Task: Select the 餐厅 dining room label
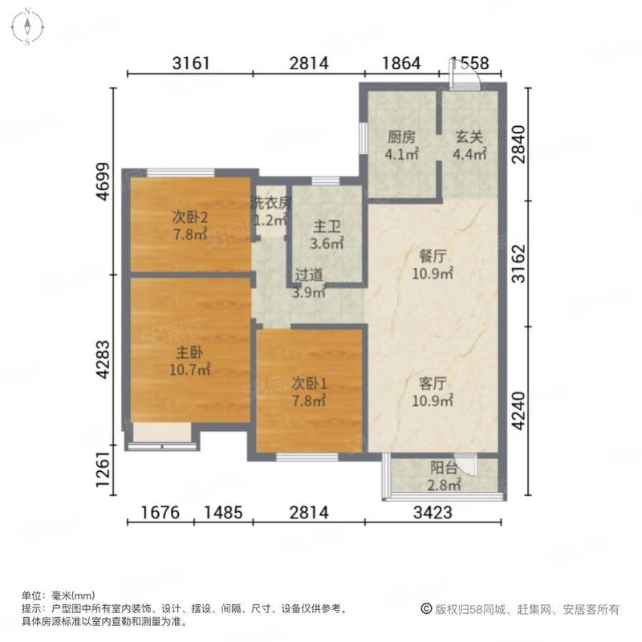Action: click(433, 258)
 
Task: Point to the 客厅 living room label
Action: click(433, 383)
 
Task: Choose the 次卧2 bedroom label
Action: click(190, 217)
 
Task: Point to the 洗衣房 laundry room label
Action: click(269, 202)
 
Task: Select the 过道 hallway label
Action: click(309, 274)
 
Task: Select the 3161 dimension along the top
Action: click(190, 63)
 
